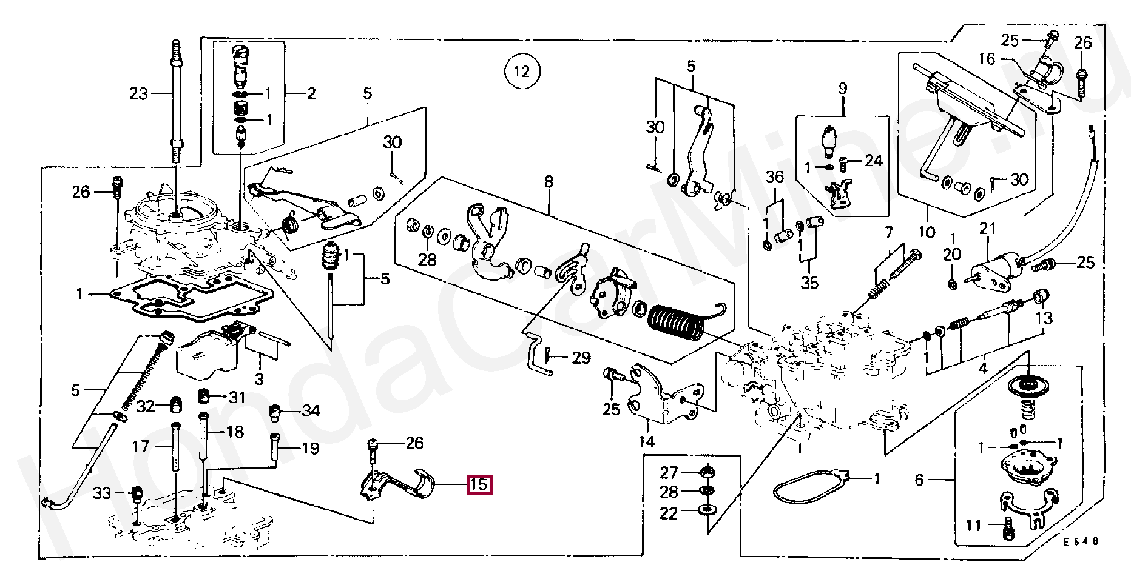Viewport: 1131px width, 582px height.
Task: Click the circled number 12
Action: point(522,72)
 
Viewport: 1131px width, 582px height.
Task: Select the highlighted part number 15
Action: point(479,484)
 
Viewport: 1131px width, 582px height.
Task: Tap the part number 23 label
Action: point(139,94)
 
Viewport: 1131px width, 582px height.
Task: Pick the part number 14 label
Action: point(647,441)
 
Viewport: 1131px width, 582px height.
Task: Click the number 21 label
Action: point(988,229)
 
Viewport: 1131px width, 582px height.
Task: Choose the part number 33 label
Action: point(102,493)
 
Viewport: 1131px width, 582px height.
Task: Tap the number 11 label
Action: point(973,525)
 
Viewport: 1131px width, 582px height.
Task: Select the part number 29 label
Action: point(581,358)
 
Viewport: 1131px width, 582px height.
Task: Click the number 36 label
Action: point(775,178)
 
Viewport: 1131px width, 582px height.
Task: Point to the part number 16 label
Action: point(987,59)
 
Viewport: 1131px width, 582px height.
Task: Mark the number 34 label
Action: point(311,411)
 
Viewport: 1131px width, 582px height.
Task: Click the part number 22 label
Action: point(669,513)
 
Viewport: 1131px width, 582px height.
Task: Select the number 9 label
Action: point(842,89)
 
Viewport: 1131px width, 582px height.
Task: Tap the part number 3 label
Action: point(259,380)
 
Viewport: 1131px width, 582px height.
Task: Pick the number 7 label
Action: point(889,232)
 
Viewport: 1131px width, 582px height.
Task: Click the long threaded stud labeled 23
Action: point(176,100)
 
